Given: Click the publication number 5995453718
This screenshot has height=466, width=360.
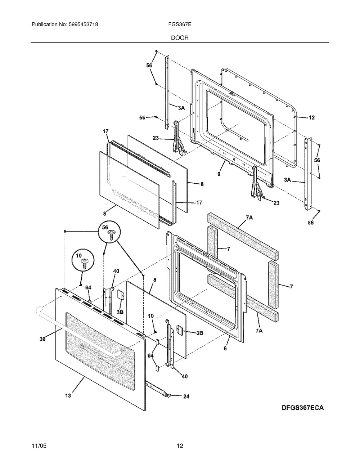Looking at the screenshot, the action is (x=84, y=24).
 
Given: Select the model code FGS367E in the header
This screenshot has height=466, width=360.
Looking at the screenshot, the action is (x=180, y=24).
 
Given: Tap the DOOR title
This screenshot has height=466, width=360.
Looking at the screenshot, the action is (x=180, y=38).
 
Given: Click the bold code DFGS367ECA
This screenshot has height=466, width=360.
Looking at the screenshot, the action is (x=302, y=408).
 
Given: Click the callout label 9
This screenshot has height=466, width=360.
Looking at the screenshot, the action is (x=219, y=174).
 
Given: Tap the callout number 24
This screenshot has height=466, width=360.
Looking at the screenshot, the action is (x=186, y=396).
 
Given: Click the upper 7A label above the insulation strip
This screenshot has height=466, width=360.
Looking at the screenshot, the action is (x=249, y=218).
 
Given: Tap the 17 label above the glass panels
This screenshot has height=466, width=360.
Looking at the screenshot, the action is (x=105, y=131).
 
